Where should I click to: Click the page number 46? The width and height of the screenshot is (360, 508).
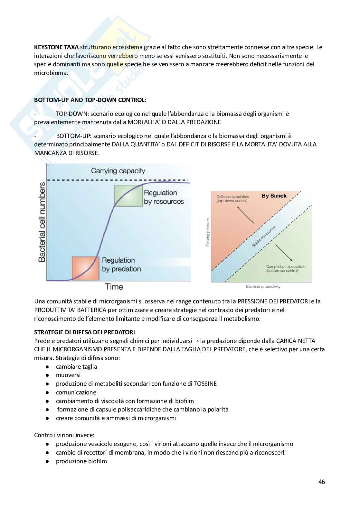(321, 482)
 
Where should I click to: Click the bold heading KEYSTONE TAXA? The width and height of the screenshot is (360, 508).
(56, 47)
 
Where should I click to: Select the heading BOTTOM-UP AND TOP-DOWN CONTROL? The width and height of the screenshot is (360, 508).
(89, 100)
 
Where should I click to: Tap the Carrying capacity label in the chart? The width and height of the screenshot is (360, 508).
(118, 171)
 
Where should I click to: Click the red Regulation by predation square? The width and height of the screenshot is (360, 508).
(85, 268)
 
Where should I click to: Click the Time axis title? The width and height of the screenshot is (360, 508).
(114, 286)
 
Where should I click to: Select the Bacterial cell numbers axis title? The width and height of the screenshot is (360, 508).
(42, 222)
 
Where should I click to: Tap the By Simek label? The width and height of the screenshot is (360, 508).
(274, 196)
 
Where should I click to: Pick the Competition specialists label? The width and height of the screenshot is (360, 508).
(285, 268)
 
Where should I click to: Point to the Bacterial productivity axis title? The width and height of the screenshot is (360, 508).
(263, 286)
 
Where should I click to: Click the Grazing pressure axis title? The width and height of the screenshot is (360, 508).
(208, 233)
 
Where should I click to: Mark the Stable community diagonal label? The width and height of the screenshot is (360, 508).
(263, 237)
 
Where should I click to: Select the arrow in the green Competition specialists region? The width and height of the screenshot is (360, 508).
(284, 253)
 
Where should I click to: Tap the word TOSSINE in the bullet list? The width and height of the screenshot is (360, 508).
(205, 383)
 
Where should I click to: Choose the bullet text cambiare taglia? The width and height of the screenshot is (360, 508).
(76, 366)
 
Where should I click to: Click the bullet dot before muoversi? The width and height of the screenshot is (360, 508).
(47, 375)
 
